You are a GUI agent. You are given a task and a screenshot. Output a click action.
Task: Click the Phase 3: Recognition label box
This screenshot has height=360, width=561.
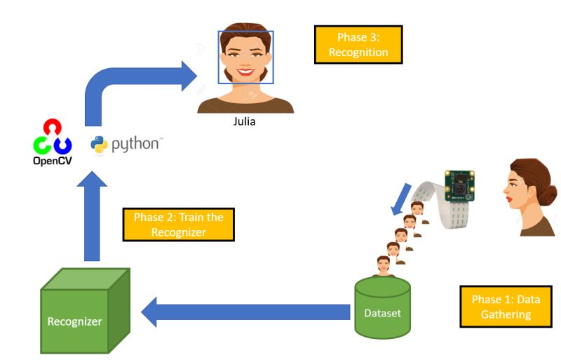tap(358, 44)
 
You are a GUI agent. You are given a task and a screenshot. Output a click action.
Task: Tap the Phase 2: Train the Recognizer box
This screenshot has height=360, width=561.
tap(178, 225)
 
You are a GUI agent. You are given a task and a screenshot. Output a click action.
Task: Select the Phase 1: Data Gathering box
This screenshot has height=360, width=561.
tap(506, 307)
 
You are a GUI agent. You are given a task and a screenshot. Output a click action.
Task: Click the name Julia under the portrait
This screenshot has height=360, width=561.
tap(244, 121)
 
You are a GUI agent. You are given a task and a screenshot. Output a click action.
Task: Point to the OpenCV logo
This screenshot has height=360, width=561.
tap(52, 142)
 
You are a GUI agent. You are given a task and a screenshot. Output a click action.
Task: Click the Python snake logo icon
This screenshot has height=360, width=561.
tap(99, 145)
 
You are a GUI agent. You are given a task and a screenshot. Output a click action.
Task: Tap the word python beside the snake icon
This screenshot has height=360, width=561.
tap(135, 145)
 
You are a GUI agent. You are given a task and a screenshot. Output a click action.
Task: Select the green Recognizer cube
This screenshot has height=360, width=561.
tap(85, 311)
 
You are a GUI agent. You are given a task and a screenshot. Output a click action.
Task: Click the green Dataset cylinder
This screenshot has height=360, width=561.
tap(382, 307)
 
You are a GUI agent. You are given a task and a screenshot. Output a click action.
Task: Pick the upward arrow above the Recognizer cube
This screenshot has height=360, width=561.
tap(92, 216)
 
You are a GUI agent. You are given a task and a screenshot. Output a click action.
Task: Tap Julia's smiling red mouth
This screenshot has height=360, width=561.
tap(246, 72)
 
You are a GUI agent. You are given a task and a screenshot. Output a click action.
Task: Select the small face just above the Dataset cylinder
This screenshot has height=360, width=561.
tap(383, 266)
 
